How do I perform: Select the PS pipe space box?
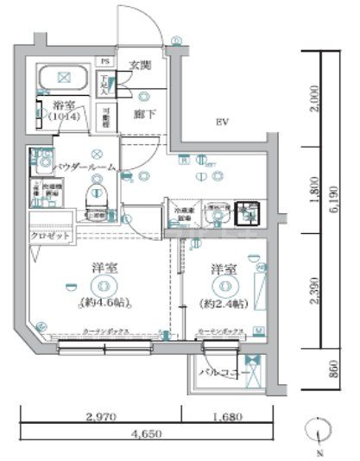click(x=105, y=61)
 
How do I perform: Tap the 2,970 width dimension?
click(x=103, y=416)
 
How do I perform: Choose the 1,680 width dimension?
click(x=229, y=416)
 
